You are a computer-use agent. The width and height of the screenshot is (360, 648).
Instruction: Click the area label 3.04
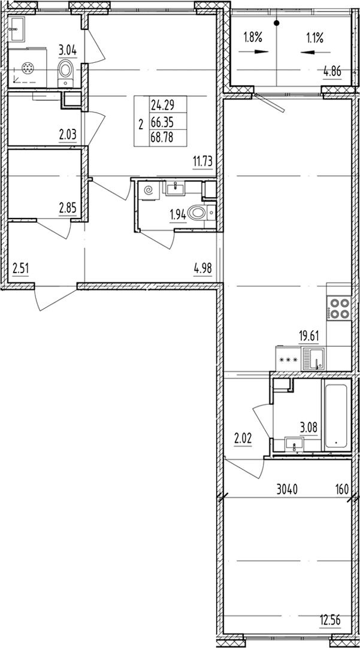pyautogui.click(x=68, y=52)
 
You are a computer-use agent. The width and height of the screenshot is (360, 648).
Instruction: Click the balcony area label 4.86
pyautogui.click(x=332, y=72)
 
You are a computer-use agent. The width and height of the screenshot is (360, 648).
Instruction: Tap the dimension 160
pyautogui.click(x=342, y=490)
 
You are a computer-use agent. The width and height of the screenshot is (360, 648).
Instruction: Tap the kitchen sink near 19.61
pyautogui.click(x=314, y=358)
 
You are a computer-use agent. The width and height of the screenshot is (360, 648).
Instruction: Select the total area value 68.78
pyautogui.click(x=162, y=138)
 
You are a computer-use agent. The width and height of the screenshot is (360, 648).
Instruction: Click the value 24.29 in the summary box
pyautogui.click(x=162, y=105)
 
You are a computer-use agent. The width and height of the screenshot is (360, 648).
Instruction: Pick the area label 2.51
pyautogui.click(x=21, y=269)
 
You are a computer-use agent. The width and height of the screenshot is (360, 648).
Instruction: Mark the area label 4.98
pyautogui.click(x=202, y=269)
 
